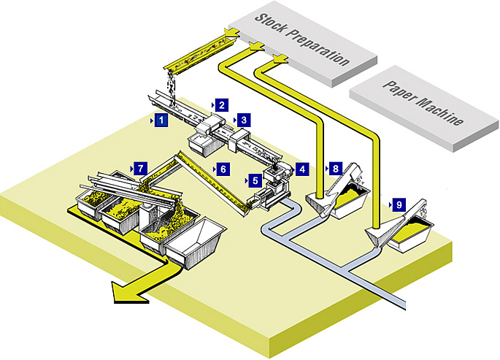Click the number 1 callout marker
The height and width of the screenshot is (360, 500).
161,119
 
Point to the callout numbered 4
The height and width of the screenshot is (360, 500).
302,168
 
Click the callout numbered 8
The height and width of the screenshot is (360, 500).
334,167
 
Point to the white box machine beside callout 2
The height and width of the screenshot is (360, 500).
210,125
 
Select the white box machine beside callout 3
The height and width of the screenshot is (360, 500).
239,137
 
